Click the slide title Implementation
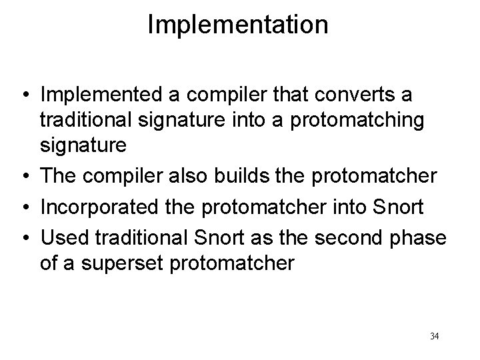coord(238,25)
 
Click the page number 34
coord(435,336)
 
